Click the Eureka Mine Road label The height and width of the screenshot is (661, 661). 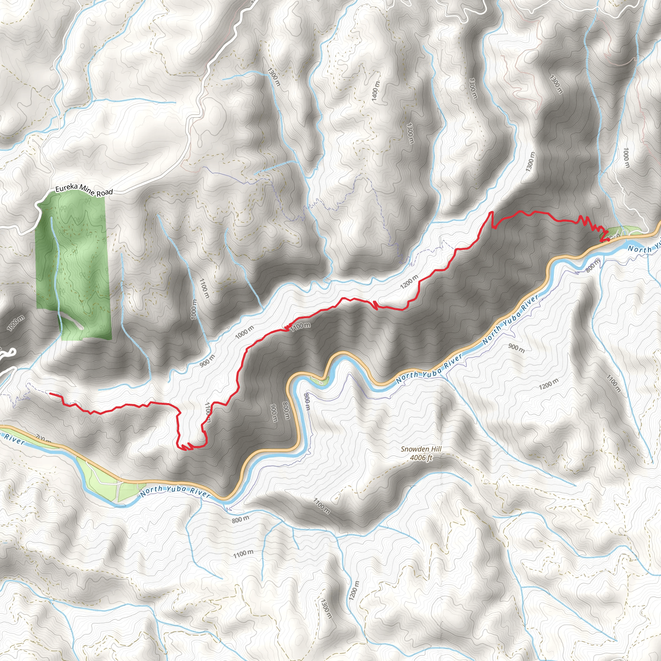pyautogui.click(x=84, y=190)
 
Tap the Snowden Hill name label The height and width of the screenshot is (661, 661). pyautogui.click(x=421, y=449)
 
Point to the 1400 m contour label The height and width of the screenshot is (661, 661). pyautogui.click(x=375, y=91)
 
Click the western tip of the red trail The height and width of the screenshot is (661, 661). pyautogui.click(x=50, y=393)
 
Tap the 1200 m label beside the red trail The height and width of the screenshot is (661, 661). pyautogui.click(x=409, y=281)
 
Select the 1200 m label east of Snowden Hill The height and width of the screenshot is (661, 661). pyautogui.click(x=548, y=384)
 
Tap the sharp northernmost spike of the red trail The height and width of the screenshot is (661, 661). pyautogui.click(x=492, y=212)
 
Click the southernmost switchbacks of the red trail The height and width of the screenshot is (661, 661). pyautogui.click(x=187, y=447)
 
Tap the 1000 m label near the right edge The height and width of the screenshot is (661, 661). pyautogui.click(x=626, y=158)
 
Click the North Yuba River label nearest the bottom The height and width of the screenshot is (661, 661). pyautogui.click(x=175, y=491)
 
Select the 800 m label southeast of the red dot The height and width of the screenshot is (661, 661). pyautogui.click(x=593, y=266)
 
